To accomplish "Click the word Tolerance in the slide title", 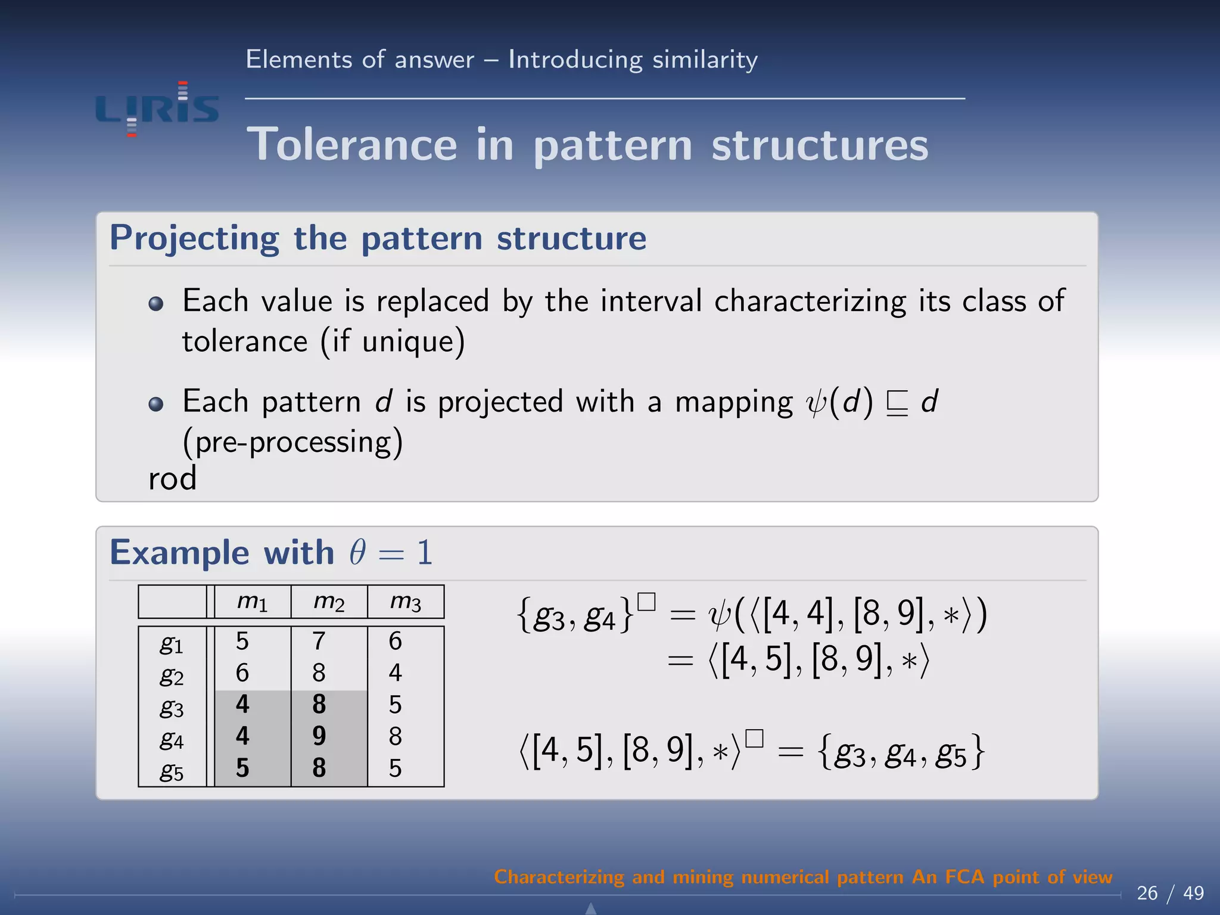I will point(352,145).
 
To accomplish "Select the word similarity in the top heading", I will point(705,60).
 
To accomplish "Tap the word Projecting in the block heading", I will point(194,238).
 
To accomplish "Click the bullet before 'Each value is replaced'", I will point(156,304).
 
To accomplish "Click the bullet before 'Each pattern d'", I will point(156,404).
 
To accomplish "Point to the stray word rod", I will point(172,479).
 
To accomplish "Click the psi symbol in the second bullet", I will point(815,403).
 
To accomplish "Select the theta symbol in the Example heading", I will point(357,553).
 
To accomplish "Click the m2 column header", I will point(329,602).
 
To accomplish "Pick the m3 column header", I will point(406,602).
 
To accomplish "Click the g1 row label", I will point(172,643).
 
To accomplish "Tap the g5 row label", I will point(172,770).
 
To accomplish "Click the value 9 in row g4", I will point(319,736).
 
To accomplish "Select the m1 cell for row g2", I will point(242,673).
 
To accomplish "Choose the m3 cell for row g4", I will point(396,736).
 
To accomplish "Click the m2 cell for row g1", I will point(319,642).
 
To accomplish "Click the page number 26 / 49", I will point(1170,893).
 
